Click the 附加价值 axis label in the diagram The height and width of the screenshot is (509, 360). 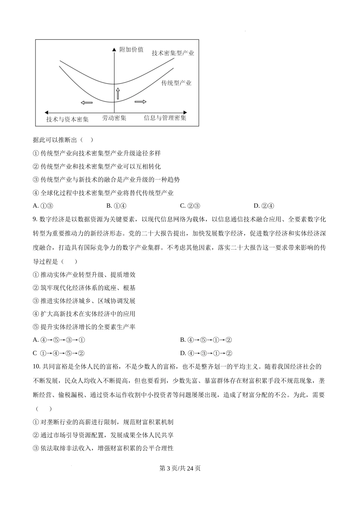point(131,50)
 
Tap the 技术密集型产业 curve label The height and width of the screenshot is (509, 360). point(173,53)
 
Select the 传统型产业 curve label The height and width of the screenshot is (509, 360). point(176,83)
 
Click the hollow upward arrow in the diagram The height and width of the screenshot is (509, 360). point(117,93)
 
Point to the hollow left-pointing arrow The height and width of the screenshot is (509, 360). point(86,103)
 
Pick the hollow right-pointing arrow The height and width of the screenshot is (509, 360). point(140,101)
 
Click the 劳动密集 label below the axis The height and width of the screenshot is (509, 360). point(114,118)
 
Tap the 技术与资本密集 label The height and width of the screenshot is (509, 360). point(67,119)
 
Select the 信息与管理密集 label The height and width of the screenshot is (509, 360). point(165,118)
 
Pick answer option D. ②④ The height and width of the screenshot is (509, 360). point(264,206)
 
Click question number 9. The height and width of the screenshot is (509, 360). point(35,219)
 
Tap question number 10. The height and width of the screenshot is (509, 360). point(36,367)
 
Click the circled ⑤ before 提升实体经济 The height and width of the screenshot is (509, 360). point(36,327)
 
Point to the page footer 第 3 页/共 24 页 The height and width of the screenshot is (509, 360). point(180,468)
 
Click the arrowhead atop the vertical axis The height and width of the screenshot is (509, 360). point(114,50)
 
